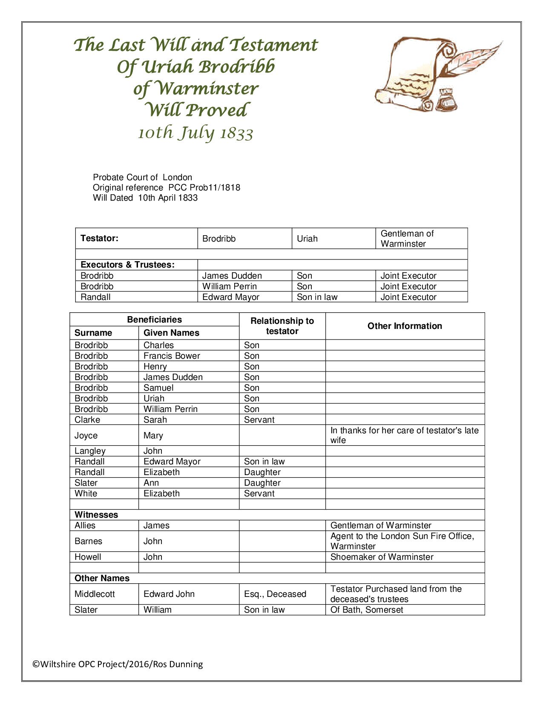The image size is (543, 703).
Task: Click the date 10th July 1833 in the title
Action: pos(195,133)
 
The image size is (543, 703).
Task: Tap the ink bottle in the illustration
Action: pos(446,100)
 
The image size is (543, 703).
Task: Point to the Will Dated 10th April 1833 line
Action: pos(145,198)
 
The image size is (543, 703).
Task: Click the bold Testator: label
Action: pos(99,239)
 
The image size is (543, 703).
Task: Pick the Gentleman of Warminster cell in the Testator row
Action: pos(407,239)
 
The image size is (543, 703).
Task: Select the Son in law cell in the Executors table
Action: pos(317,297)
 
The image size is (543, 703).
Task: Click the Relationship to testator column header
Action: pos(282,326)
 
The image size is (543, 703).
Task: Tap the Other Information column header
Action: pos(405,326)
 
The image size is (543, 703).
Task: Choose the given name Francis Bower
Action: pos(172,356)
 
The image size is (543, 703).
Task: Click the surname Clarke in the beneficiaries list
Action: pos(87,420)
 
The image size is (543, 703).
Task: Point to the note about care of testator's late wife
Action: pos(404,435)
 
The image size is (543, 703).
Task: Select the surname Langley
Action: pos(90,451)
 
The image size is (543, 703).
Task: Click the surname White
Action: pos(86,493)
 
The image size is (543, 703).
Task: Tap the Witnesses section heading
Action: pos(96,515)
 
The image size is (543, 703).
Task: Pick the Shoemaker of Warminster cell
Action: pos(382,557)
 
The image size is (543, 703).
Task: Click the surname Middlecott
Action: pos(95,594)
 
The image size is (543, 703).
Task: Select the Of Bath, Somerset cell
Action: pos(366,610)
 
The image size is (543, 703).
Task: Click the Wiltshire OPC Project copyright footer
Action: pos(118,664)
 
